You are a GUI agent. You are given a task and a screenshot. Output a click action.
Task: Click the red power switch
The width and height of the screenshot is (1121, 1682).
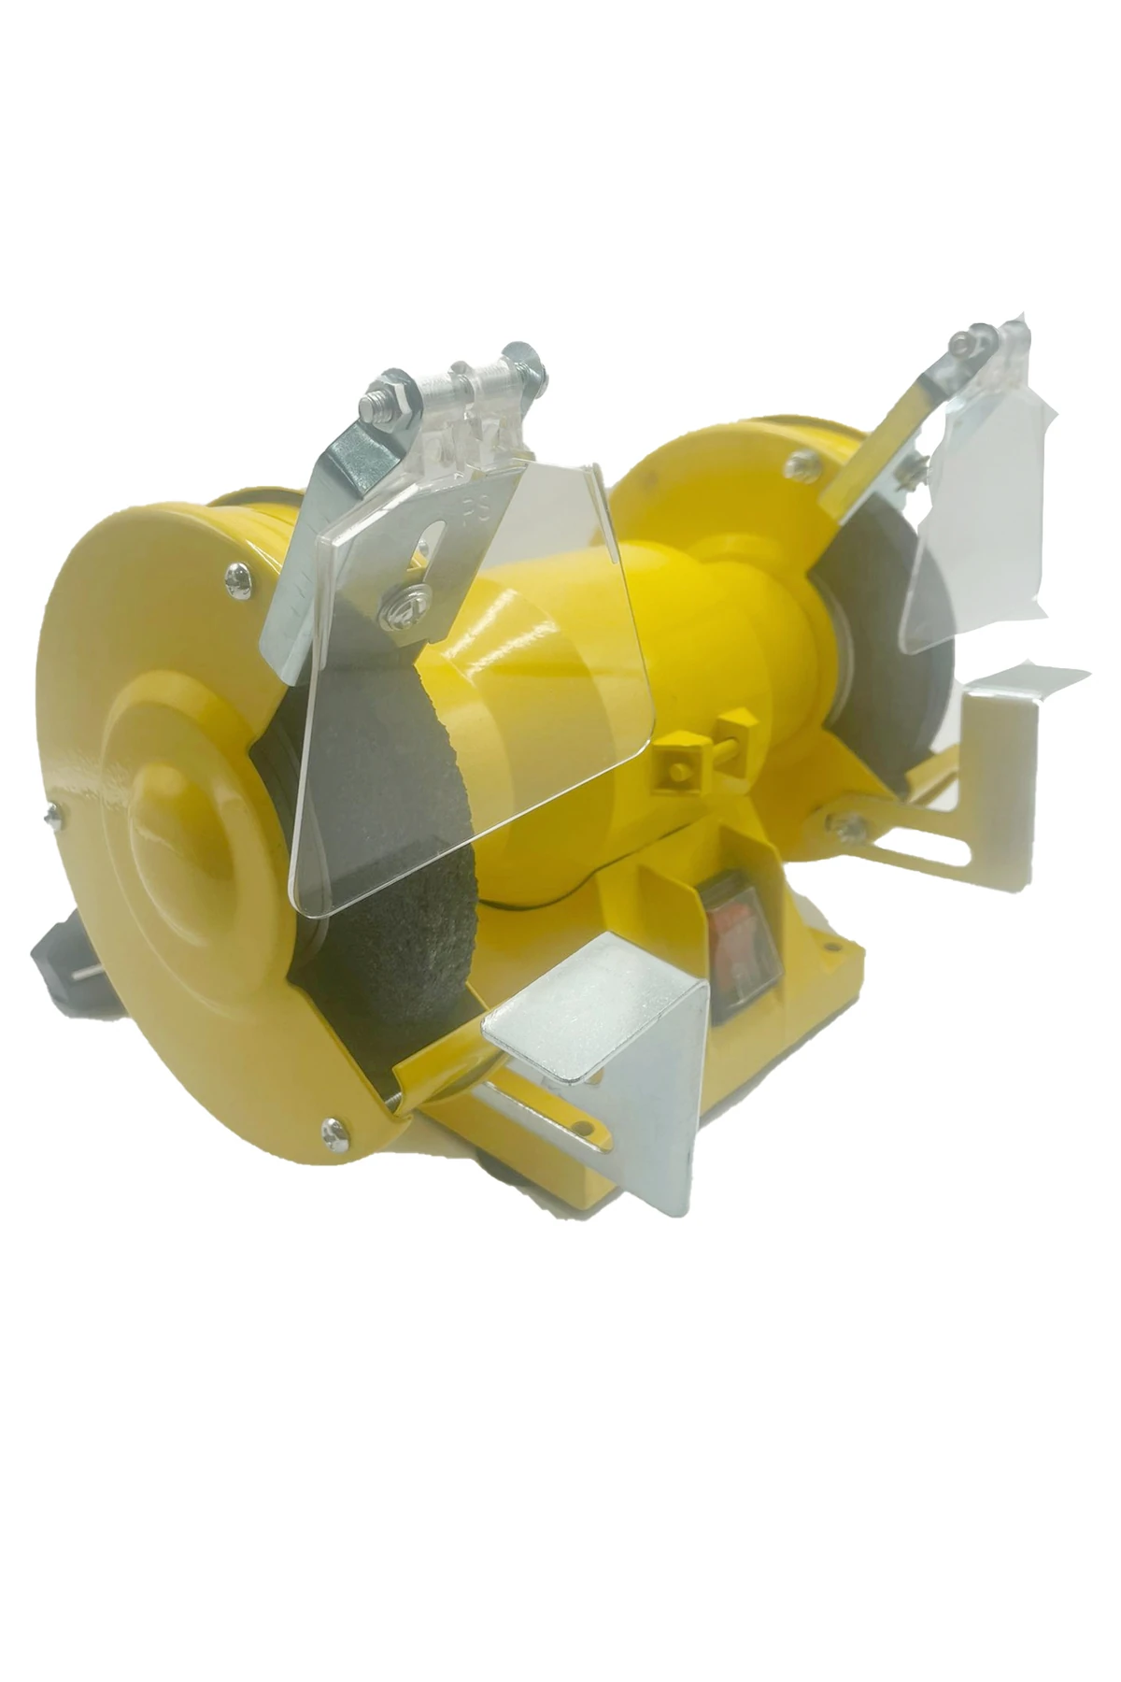pyautogui.click(x=742, y=944)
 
